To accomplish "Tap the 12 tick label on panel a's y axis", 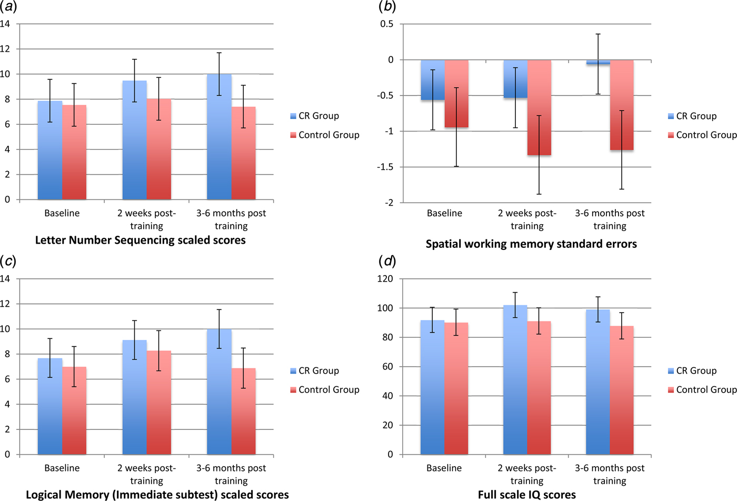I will (x=5, y=49).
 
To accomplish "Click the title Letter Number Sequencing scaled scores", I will (x=140, y=241).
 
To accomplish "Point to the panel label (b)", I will (x=387, y=7).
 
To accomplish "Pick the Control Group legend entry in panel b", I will (x=702, y=135).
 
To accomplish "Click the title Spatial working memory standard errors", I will (x=531, y=244).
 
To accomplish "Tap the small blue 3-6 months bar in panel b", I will (x=598, y=62).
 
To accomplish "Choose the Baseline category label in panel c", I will (x=62, y=468).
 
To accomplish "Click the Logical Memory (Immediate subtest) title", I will (x=157, y=495).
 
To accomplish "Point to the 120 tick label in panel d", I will (x=385, y=279).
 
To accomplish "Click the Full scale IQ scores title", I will (x=526, y=495).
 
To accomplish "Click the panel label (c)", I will (x=7, y=261).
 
